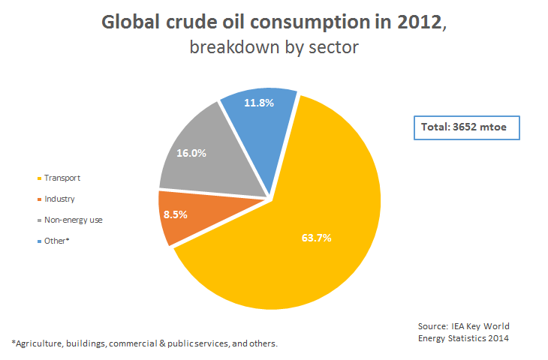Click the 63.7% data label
[x=315, y=238]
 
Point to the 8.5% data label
[x=174, y=214]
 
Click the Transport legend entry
[x=62, y=178]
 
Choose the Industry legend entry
[x=59, y=199]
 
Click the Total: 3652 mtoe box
[x=465, y=127]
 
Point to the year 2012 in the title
[x=423, y=22]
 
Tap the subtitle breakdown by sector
[x=274, y=47]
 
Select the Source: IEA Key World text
[x=463, y=326]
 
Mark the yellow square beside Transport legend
[x=39, y=178]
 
